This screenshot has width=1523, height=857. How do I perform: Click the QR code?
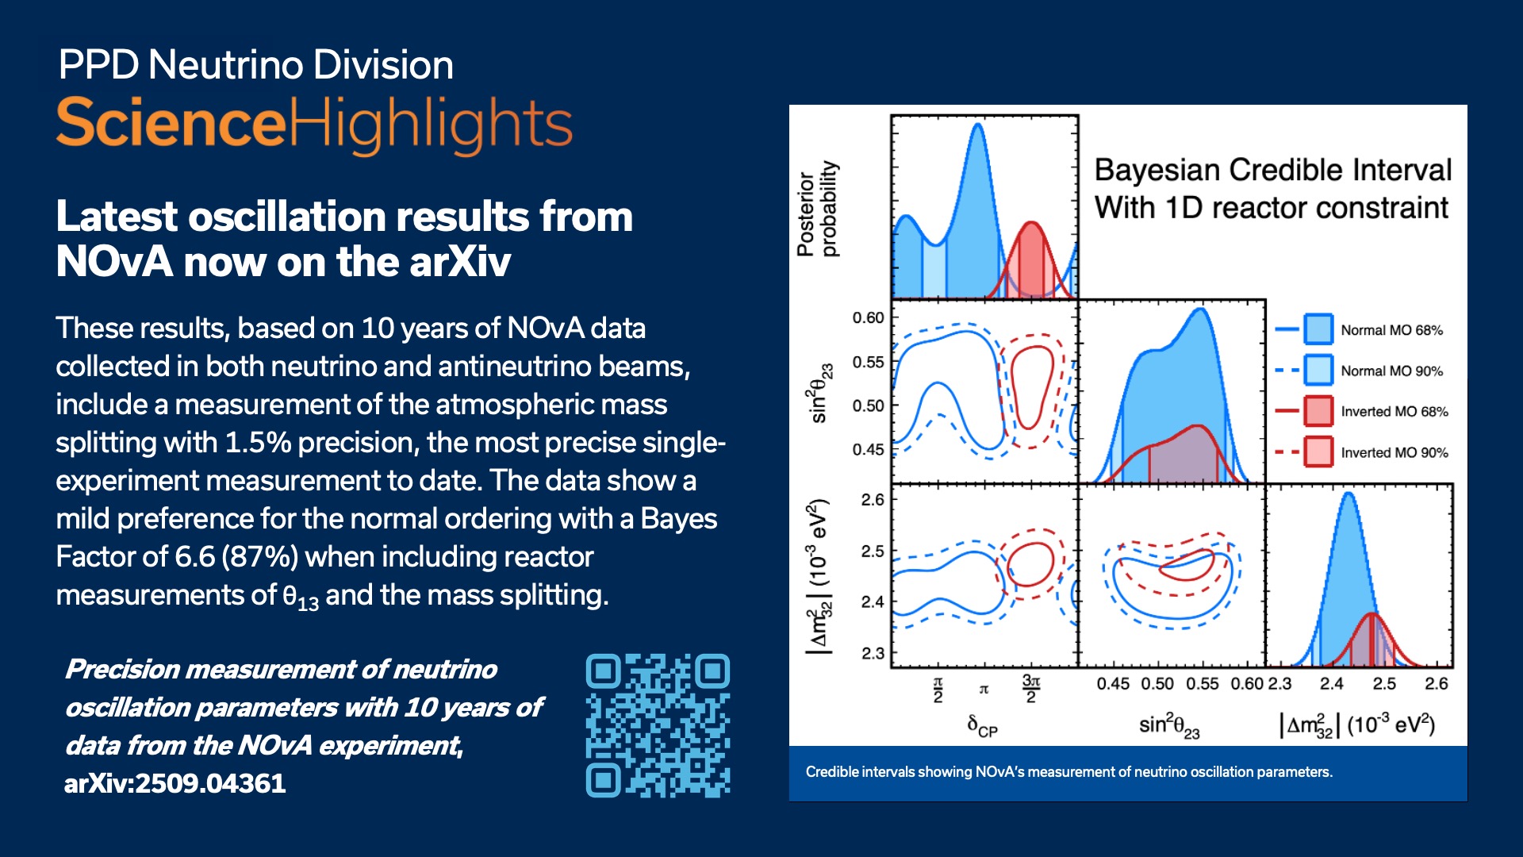click(x=658, y=725)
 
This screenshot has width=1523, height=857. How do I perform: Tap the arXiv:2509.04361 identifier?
click(x=175, y=784)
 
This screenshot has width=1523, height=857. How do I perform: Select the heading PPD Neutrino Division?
click(x=255, y=65)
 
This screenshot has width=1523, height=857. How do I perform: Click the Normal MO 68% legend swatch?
click(x=1318, y=329)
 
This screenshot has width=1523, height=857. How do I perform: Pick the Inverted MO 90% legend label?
click(x=1394, y=453)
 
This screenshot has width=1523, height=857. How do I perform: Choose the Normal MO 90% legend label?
click(x=1391, y=371)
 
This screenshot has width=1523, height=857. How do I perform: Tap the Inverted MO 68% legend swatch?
click(x=1318, y=411)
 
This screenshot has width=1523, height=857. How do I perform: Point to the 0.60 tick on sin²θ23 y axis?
click(x=868, y=318)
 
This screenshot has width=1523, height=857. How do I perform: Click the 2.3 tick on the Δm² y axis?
click(x=873, y=654)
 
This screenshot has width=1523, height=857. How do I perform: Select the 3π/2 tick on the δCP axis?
click(x=1030, y=689)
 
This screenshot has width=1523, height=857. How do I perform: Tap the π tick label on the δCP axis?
click(x=984, y=690)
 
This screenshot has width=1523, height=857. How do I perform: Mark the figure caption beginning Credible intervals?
click(x=1068, y=772)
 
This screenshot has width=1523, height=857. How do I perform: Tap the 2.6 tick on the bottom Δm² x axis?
click(x=1436, y=684)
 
